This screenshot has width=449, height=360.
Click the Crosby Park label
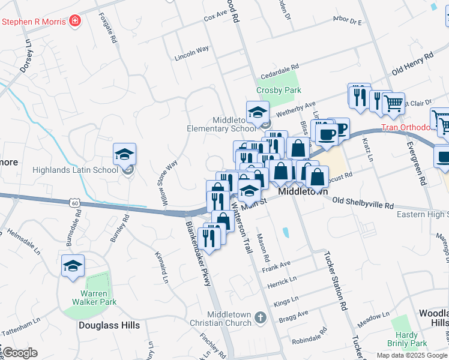click(x=278, y=90)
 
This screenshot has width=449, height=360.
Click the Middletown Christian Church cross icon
click(x=260, y=316)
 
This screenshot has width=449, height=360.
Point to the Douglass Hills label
click(x=109, y=325)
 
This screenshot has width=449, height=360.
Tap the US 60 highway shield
click(x=75, y=203)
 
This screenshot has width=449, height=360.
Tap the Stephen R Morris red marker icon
click(x=75, y=22)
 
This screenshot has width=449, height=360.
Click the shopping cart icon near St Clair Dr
click(x=393, y=104)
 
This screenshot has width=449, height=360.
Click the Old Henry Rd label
click(x=412, y=63)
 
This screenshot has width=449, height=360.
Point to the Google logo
click(x=20, y=353)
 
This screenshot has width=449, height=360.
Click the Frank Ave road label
click(x=276, y=266)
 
